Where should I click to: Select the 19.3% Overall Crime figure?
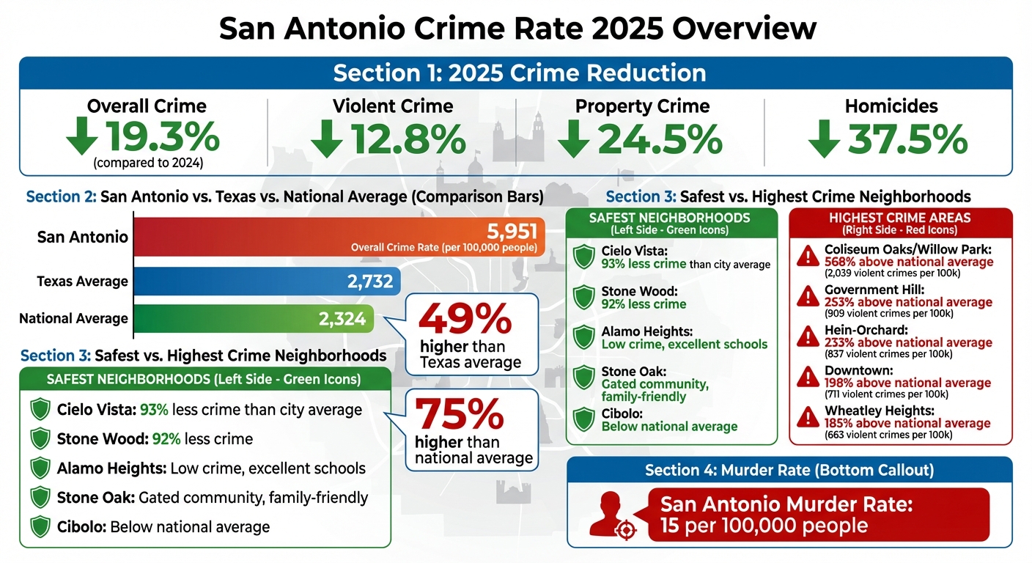pyautogui.click(x=163, y=137)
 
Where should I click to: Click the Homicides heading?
pyautogui.click(x=891, y=106)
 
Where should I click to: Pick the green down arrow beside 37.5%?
pyautogui.click(x=823, y=138)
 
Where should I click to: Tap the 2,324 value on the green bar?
pyautogui.click(x=343, y=319)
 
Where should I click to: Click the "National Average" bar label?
pyautogui.click(x=73, y=319)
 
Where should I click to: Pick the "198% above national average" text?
pyautogui.click(x=907, y=383)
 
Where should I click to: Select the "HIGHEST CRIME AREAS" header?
pyautogui.click(x=900, y=218)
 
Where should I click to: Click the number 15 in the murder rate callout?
pyautogui.click(x=671, y=526)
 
